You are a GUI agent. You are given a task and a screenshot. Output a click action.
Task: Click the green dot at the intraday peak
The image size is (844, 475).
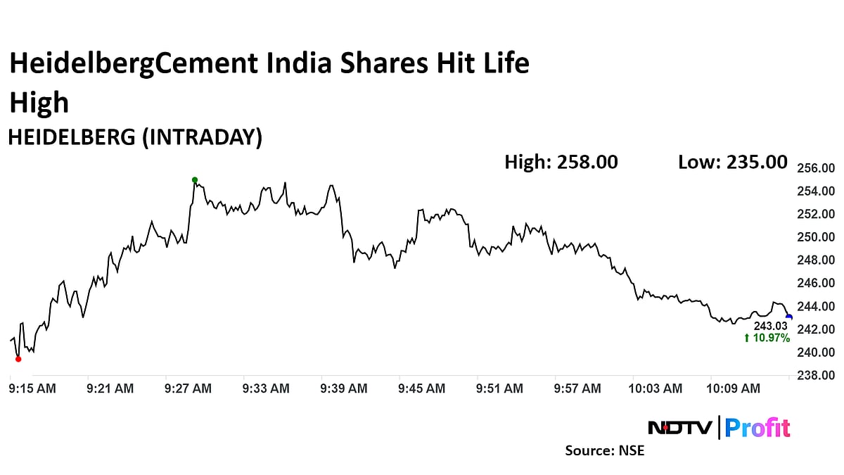click(195, 179)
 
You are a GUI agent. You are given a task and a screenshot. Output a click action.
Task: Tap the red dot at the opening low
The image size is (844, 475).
click(18, 359)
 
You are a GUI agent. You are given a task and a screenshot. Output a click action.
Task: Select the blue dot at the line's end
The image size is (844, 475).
click(789, 317)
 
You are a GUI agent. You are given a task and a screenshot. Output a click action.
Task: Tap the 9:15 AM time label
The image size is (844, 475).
click(32, 388)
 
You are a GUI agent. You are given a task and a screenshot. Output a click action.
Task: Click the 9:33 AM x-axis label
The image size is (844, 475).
click(266, 388)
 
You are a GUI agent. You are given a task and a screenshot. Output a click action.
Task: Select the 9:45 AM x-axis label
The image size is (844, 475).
click(421, 388)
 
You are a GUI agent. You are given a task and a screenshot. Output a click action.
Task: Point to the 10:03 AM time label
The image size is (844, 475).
click(656, 388)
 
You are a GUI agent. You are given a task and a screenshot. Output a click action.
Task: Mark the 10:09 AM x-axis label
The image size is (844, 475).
click(734, 388)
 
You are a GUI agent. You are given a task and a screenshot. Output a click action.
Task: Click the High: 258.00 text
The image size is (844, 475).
click(561, 162)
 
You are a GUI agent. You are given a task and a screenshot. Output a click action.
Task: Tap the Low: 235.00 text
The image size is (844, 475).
click(732, 162)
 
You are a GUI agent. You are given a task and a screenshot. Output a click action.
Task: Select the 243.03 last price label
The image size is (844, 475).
click(771, 327)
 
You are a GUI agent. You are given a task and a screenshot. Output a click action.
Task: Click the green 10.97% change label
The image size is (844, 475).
click(767, 338)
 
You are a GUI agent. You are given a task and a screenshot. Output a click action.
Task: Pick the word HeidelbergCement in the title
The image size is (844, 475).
click(133, 65)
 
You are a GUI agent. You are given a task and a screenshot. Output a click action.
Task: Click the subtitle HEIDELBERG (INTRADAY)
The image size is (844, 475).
click(135, 137)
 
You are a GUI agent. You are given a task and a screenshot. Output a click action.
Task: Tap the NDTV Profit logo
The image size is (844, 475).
click(718, 427)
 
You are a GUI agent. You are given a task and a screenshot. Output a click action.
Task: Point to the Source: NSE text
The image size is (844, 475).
click(604, 450)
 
